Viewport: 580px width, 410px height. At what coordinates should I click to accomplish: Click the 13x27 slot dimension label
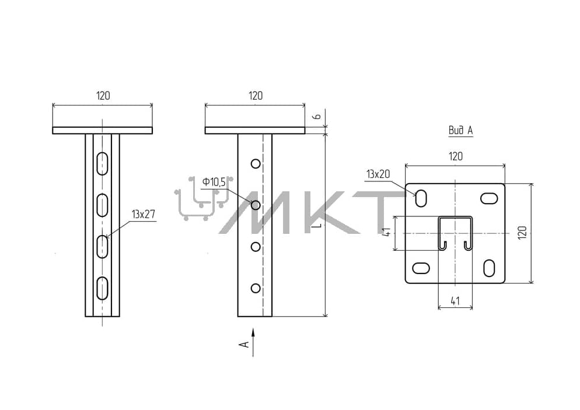pyautogui.click(x=143, y=215)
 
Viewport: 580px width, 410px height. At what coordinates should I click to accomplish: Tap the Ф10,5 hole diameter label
pyautogui.click(x=214, y=182)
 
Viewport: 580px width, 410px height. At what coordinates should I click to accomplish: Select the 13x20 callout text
pyautogui.click(x=378, y=174)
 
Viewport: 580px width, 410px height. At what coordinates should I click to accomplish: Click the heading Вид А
pyautogui.click(x=460, y=130)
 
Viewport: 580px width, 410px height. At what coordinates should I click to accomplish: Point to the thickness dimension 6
pyautogui.click(x=317, y=117)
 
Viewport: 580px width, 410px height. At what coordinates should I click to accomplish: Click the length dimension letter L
pyautogui.click(x=317, y=225)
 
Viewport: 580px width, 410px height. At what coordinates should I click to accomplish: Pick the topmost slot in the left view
pyautogui.click(x=102, y=163)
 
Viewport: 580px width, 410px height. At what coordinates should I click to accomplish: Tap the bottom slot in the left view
pyautogui.click(x=102, y=288)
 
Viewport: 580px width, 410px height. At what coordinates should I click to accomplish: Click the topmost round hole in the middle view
pyautogui.click(x=256, y=163)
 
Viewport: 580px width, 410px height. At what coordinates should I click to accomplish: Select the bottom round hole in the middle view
pyautogui.click(x=256, y=288)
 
